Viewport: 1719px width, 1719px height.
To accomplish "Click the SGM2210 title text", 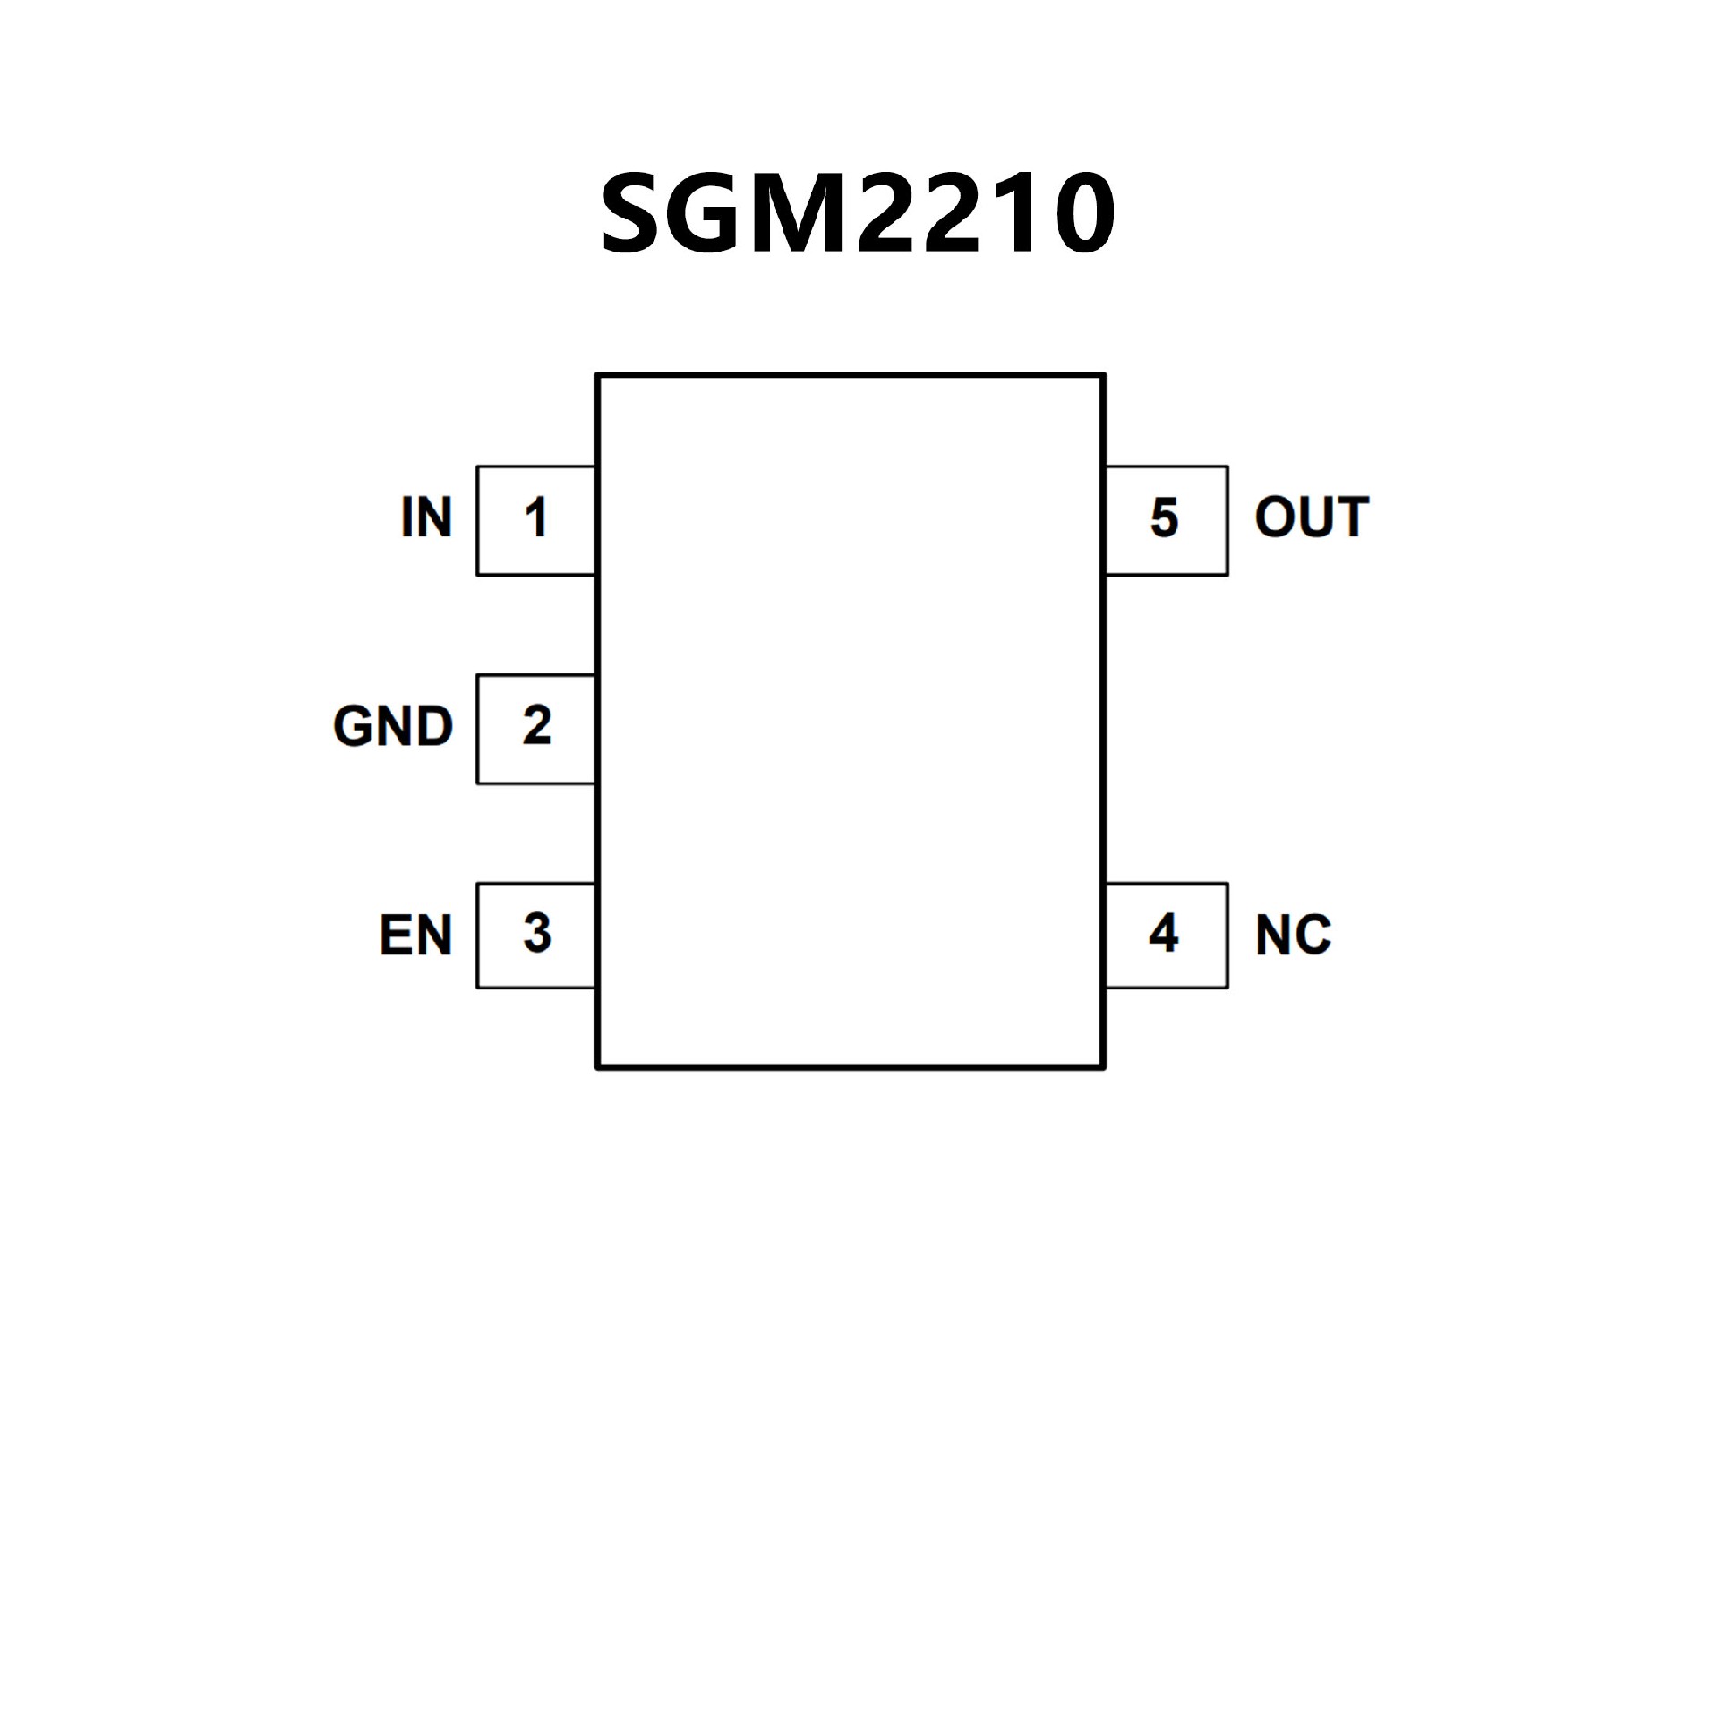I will pyautogui.click(x=858, y=213).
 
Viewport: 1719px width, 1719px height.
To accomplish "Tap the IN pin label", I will pyautogui.click(x=426, y=517).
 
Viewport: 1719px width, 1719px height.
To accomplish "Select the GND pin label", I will pyautogui.click(x=393, y=725).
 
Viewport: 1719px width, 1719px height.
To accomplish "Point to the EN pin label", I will pyautogui.click(x=415, y=935).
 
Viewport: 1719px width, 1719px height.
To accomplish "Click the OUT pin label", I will pyautogui.click(x=1312, y=517).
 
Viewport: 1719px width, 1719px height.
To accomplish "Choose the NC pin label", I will pyautogui.click(x=1293, y=935).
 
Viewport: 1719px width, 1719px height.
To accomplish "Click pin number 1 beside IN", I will pyautogui.click(x=536, y=518).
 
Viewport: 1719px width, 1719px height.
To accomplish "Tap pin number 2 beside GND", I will pyautogui.click(x=536, y=725).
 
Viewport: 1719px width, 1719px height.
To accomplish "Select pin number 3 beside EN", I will pyautogui.click(x=536, y=934).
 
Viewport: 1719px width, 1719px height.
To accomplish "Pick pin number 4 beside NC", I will pyautogui.click(x=1163, y=934).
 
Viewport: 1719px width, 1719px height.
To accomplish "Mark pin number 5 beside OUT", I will pyautogui.click(x=1164, y=518).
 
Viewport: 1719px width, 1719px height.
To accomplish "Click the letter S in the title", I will pyautogui.click(x=636, y=213).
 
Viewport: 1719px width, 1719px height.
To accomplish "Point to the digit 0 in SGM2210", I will pyautogui.click(x=1084, y=213).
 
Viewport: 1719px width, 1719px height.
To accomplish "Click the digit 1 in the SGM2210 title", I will pyautogui.click(x=1020, y=213).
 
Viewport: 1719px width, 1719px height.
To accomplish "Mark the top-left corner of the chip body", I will pyautogui.click(x=598, y=376).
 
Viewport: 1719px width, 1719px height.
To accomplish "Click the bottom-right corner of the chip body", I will pyautogui.click(x=1104, y=1066).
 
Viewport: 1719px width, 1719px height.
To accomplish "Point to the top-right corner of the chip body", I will pyautogui.click(x=1104, y=376).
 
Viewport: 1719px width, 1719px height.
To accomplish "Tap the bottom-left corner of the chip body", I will pyautogui.click(x=598, y=1066).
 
